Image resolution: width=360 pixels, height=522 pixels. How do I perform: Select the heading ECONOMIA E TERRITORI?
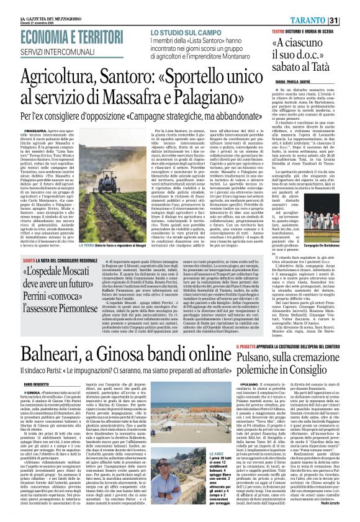coord(62,37)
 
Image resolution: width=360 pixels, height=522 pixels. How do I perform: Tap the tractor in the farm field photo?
coord(124,205)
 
